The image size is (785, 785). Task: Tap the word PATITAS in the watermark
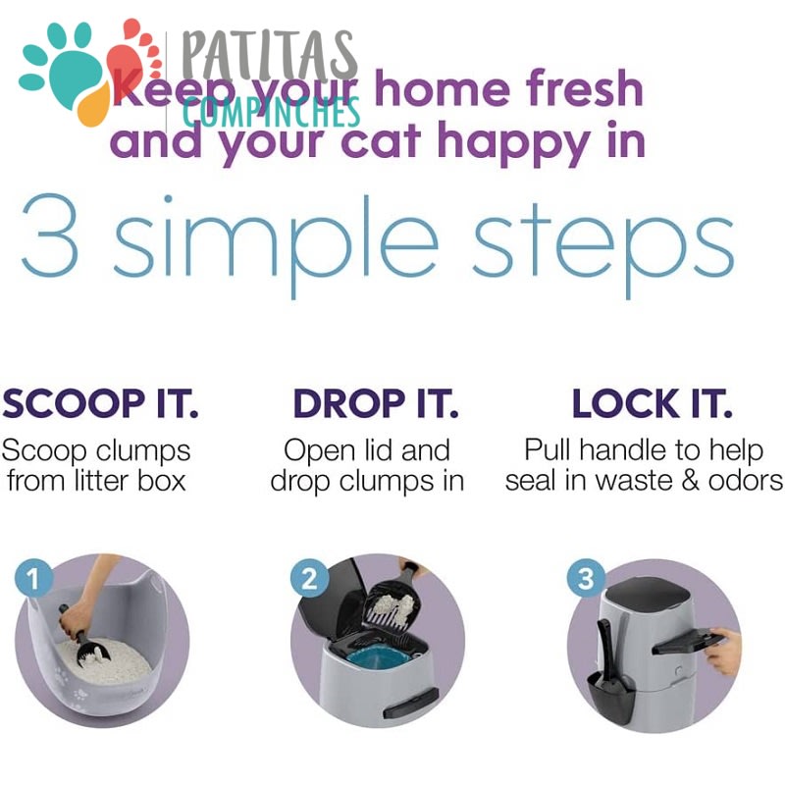(269, 56)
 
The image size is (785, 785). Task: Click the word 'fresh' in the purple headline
(584, 88)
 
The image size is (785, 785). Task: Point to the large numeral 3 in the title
(50, 235)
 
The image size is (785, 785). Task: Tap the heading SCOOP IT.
(100, 403)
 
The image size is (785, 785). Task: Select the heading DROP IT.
(376, 403)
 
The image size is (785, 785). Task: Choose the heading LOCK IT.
(652, 403)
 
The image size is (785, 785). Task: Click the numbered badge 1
(33, 578)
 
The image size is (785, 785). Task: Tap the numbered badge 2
(309, 578)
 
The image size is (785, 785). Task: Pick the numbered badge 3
(586, 578)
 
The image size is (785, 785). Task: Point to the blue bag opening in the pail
(379, 654)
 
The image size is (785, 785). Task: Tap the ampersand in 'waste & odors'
(690, 481)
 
